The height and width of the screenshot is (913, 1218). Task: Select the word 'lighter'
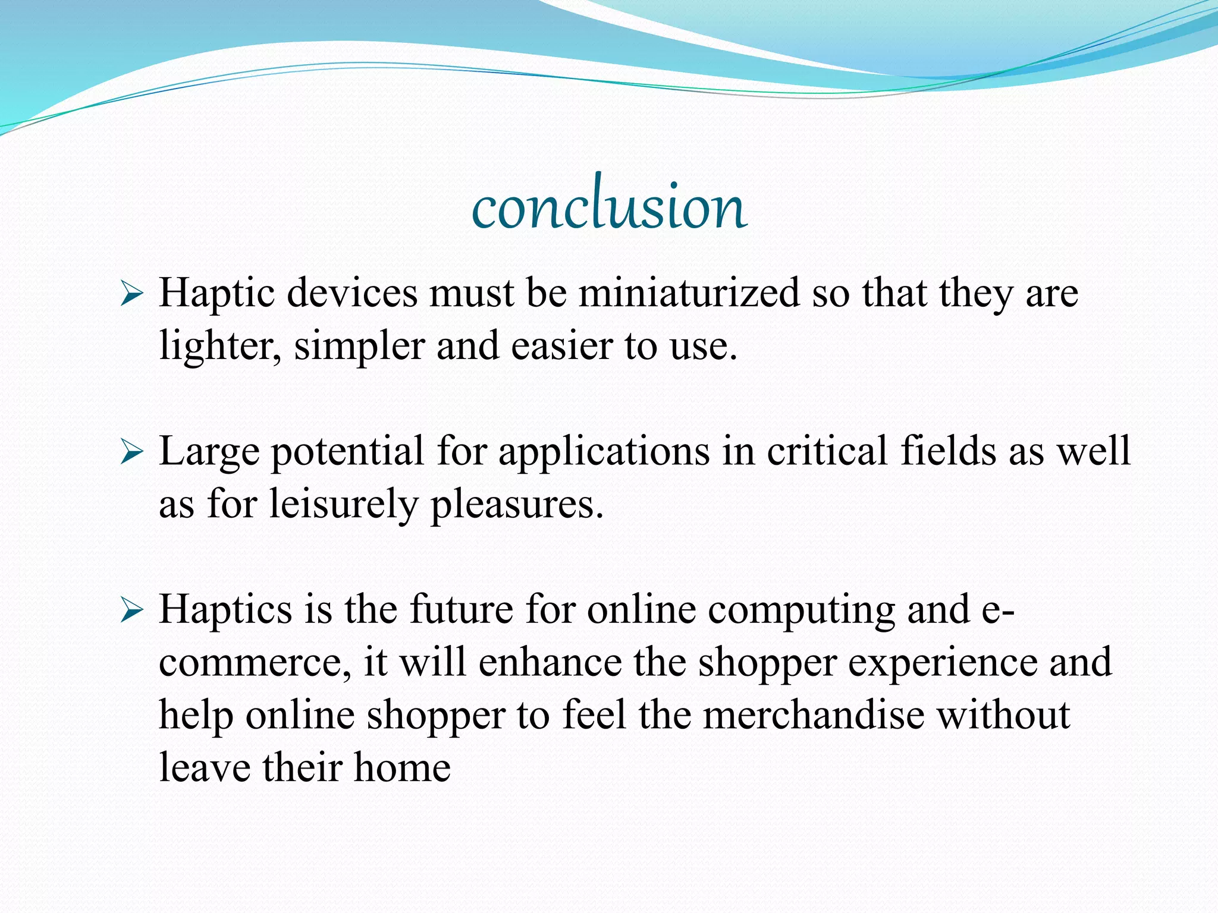click(x=219, y=346)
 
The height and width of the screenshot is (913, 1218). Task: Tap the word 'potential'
click(x=347, y=452)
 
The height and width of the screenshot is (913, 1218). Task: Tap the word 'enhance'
click(x=550, y=662)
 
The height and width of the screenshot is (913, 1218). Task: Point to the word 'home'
click(x=402, y=767)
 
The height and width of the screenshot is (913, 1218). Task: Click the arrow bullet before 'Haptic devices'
click(x=131, y=294)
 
